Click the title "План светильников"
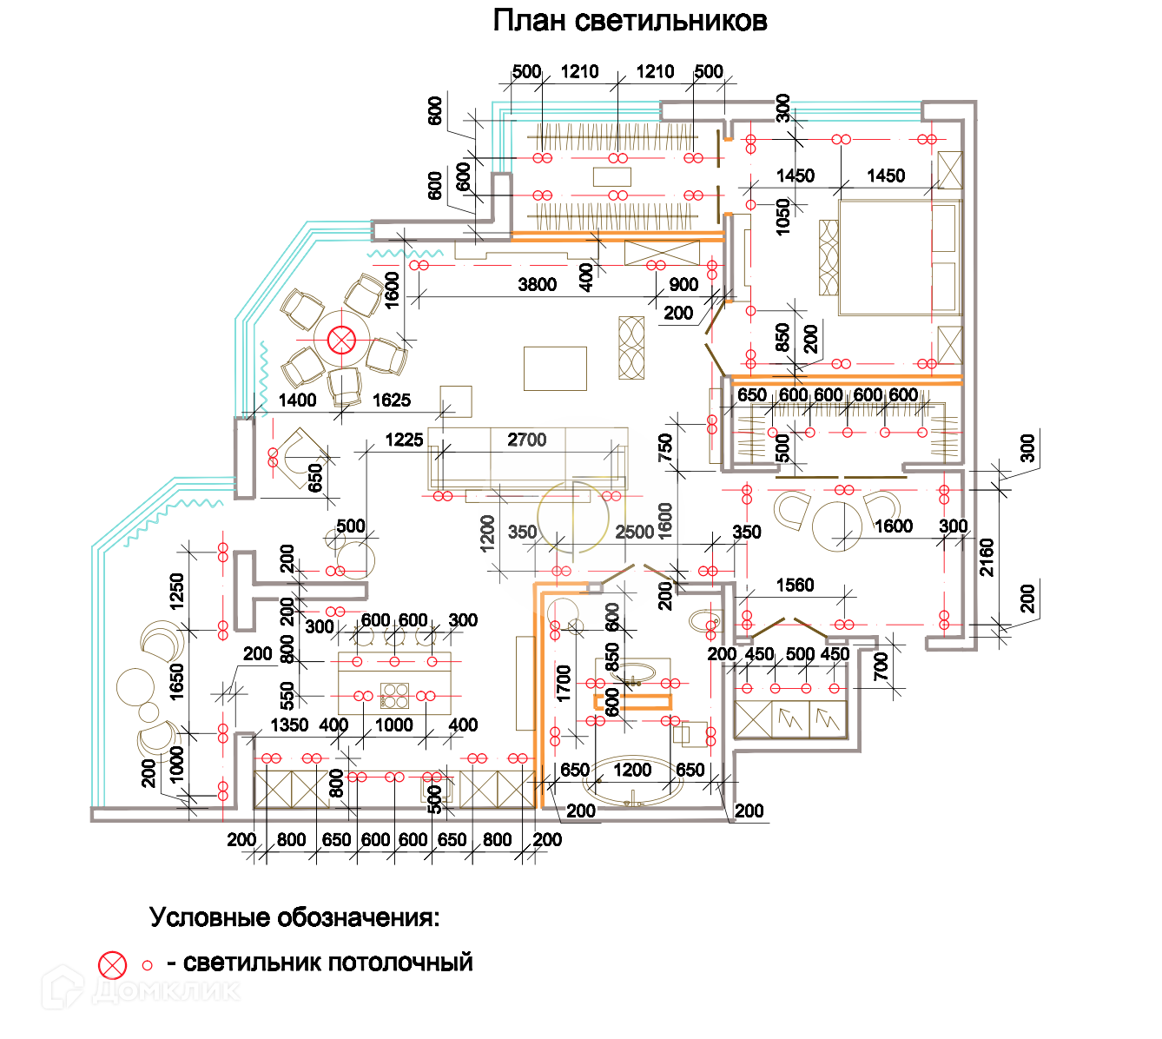(x=630, y=20)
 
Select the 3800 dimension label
(x=537, y=285)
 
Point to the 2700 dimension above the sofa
(x=526, y=440)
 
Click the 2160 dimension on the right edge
(x=987, y=557)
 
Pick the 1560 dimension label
(x=795, y=586)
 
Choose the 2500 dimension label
(x=634, y=533)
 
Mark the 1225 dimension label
(x=404, y=440)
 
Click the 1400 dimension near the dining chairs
(x=297, y=400)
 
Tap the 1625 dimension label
(x=391, y=400)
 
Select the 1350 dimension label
(x=289, y=725)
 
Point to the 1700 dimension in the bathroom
(x=564, y=684)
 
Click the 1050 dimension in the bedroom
(x=783, y=216)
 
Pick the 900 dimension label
(x=683, y=285)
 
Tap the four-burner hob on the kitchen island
(x=394, y=696)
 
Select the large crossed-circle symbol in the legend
(x=112, y=964)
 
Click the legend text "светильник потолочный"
(x=327, y=963)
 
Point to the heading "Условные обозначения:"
(x=294, y=917)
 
